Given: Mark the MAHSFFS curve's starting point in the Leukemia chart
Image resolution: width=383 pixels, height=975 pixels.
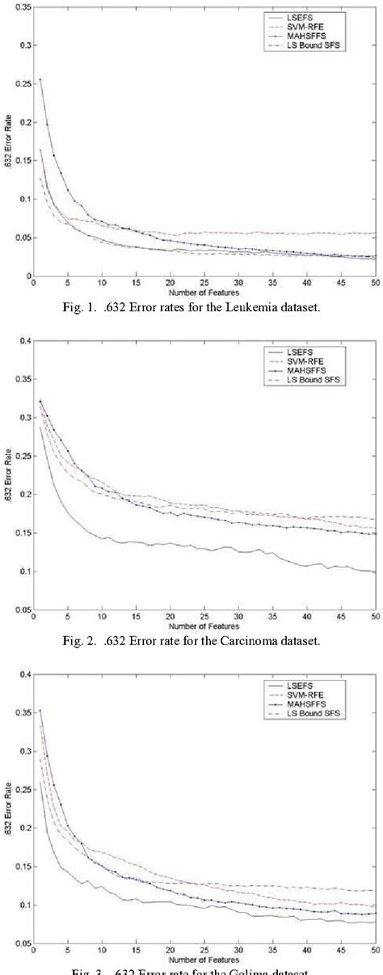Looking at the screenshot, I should (x=40, y=79).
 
